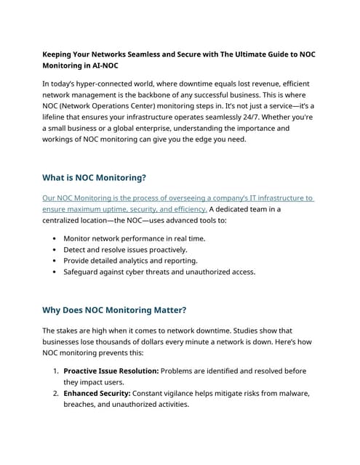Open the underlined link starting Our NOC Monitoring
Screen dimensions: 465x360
177,198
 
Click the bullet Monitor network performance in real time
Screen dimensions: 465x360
134,238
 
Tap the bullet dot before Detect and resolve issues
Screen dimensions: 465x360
55,249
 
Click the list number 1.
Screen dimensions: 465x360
55,371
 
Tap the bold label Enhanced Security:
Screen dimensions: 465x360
97,393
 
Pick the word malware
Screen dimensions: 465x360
294,393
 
